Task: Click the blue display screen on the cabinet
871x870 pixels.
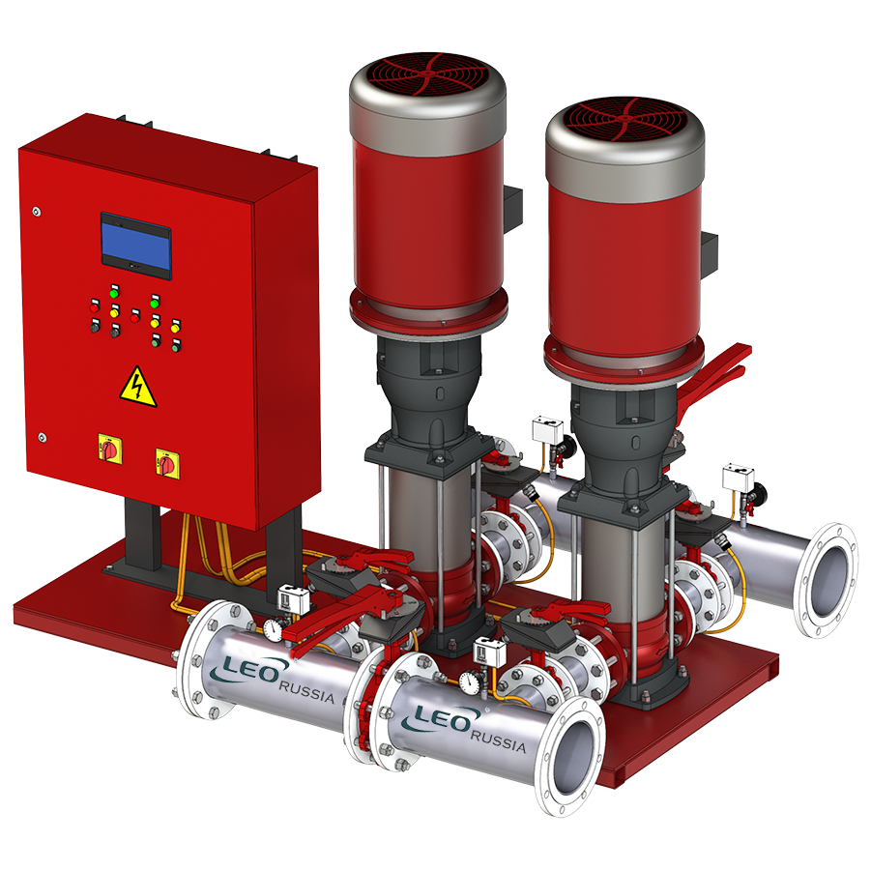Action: (x=135, y=246)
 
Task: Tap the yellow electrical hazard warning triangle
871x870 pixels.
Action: (x=138, y=387)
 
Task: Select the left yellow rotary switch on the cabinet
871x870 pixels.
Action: (x=110, y=448)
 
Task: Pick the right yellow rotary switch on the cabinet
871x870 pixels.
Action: (x=167, y=462)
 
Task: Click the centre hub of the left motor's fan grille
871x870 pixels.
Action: (x=427, y=72)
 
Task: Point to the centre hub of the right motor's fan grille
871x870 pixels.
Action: (x=624, y=117)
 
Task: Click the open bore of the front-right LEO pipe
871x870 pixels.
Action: (x=574, y=757)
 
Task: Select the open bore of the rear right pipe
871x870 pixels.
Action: (x=827, y=580)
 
